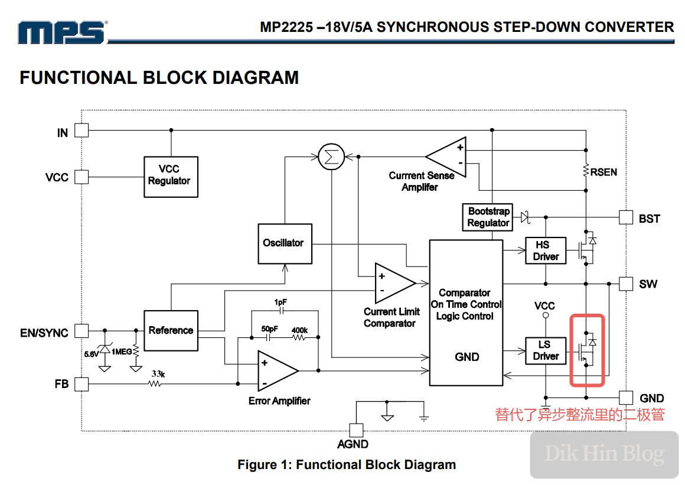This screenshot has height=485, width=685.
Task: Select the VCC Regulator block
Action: pyautogui.click(x=171, y=177)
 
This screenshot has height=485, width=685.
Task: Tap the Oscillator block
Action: pyautogui.click(x=285, y=243)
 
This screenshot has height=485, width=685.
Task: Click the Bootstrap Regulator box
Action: pyautogui.click(x=488, y=217)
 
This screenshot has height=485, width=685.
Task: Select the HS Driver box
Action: pyautogui.click(x=545, y=251)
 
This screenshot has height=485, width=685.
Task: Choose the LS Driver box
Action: pyautogui.click(x=545, y=351)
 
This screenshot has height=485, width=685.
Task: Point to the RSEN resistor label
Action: pyautogui.click(x=604, y=172)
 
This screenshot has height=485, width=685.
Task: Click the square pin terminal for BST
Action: pyautogui.click(x=625, y=217)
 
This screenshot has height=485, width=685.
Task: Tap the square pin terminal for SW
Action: pyautogui.click(x=625, y=284)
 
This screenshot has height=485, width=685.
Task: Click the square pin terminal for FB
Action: pyautogui.click(x=81, y=384)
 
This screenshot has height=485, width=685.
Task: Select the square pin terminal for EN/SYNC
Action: pyautogui.click(x=81, y=330)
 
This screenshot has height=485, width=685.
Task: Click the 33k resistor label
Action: pyautogui.click(x=157, y=374)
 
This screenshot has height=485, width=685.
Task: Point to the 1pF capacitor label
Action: pyautogui.click(x=280, y=302)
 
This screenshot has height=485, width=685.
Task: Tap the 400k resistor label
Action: pyautogui.click(x=299, y=330)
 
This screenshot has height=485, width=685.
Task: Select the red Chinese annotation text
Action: pyautogui.click(x=580, y=415)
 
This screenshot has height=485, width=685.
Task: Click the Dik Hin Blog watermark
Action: pyautogui.click(x=604, y=454)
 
